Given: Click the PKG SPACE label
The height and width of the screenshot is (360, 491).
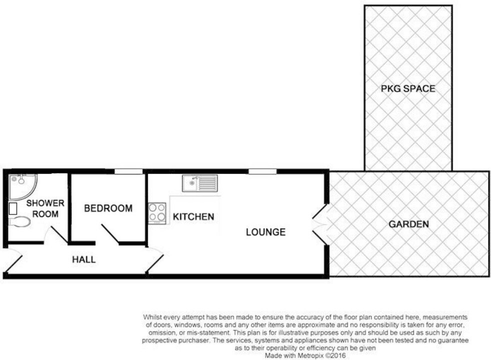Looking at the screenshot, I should click(408, 89).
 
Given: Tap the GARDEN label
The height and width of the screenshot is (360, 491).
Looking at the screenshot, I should click(408, 224).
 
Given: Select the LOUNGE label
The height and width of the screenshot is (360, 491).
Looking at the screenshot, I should click(265, 232).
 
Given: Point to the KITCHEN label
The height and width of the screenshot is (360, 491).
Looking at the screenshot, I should click(193, 217).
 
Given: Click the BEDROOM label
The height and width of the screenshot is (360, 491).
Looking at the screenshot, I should click(108, 208).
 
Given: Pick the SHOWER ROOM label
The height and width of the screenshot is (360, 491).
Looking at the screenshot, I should click(45, 208).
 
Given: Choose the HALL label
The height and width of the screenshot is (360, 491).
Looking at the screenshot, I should click(83, 260).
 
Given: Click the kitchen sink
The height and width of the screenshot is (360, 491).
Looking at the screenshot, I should click(199, 183).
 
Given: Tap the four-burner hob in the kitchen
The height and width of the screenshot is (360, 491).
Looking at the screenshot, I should click(157, 212).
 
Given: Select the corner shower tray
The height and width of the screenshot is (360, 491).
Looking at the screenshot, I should click(22, 184).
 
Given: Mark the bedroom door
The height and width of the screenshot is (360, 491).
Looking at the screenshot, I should click(110, 234).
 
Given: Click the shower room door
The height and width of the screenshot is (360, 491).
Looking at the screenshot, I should click(56, 234).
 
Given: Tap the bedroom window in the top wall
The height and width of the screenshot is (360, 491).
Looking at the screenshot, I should click(128, 172).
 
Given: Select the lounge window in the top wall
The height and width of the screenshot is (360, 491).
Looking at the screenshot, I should click(262, 172).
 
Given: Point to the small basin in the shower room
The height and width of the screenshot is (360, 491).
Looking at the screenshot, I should click(13, 208).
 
